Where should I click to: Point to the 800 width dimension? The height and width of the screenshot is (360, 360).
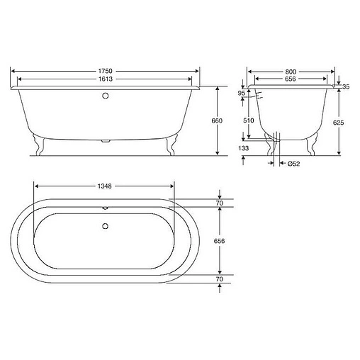[x=291, y=72]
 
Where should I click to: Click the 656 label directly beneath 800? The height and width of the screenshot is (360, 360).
[x=291, y=79]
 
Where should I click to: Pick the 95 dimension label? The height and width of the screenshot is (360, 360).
[x=242, y=93]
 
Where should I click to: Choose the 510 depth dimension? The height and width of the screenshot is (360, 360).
[x=248, y=121]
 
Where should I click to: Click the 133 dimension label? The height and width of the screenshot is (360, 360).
[x=243, y=148]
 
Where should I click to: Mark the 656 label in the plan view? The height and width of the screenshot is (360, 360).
[x=219, y=241]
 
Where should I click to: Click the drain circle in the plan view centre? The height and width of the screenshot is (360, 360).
[x=105, y=227]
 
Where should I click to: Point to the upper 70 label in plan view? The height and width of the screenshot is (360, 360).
[x=219, y=203]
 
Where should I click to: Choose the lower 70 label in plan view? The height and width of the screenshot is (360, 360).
[x=219, y=279]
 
